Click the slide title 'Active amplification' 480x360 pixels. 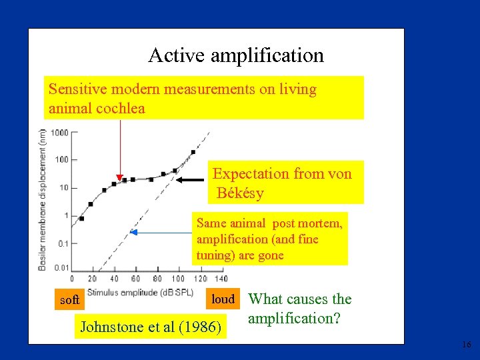click(x=236, y=55)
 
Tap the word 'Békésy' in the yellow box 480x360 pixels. click(x=240, y=194)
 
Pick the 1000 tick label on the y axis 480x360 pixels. click(x=59, y=132)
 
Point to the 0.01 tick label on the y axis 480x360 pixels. click(x=61, y=267)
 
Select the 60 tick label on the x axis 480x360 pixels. click(x=135, y=279)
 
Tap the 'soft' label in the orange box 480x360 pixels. click(x=69, y=301)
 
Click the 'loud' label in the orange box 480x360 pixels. click(x=223, y=299)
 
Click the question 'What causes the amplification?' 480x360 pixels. click(x=299, y=309)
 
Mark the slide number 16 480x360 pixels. click(x=465, y=345)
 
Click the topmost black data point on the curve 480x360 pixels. click(x=193, y=152)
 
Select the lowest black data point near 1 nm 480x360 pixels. click(x=82, y=218)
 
